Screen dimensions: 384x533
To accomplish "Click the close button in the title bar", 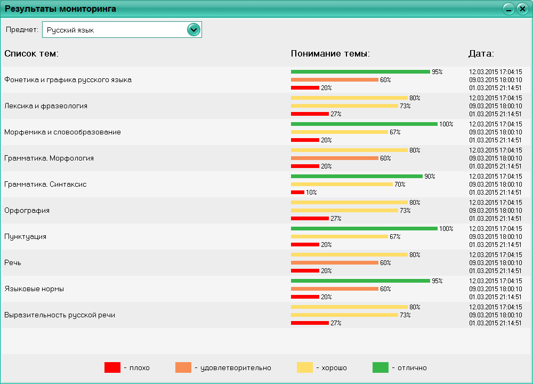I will (522, 9).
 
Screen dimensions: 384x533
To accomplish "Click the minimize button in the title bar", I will (508, 9).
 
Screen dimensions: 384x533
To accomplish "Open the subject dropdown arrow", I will (193, 30).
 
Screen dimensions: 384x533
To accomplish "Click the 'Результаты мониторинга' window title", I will (60, 9).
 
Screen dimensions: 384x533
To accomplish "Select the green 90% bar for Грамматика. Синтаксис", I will (357, 176).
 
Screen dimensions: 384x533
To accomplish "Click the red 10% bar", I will (297, 192).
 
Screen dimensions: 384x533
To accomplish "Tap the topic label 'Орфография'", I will (27, 210).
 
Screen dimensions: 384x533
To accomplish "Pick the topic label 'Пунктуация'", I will (25, 236).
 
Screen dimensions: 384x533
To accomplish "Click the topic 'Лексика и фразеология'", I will (46, 106).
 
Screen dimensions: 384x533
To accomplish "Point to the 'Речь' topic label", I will (13, 262).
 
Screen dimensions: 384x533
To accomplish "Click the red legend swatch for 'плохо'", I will (112, 367).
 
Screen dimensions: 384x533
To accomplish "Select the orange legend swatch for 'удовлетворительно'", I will (183, 367).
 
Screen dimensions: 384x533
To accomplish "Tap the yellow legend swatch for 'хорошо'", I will (305, 367).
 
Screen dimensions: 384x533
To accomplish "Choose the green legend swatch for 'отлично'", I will (381, 367).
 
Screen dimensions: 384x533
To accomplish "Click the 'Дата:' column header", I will (481, 53).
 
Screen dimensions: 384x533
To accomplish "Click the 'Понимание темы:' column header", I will (330, 53).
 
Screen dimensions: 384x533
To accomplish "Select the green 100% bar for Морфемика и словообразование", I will (364, 124).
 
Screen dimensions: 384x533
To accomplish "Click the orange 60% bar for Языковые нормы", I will (335, 289).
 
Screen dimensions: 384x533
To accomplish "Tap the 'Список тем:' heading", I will (31, 53).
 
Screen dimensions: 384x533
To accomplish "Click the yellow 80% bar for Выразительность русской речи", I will (349, 307).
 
